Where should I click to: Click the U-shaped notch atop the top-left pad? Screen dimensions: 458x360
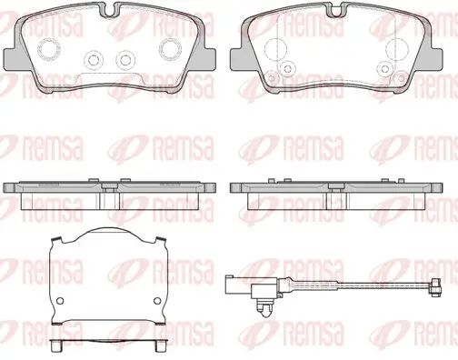109,9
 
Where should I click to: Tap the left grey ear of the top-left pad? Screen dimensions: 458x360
12,59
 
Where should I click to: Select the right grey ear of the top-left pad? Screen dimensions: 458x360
207,59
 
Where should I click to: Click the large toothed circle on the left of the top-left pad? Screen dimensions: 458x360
49,49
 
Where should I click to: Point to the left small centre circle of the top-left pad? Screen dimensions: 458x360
94,60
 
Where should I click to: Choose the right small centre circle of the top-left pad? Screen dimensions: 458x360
125,60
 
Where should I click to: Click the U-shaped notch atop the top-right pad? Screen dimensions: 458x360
336,9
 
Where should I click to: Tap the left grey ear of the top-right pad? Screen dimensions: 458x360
239,59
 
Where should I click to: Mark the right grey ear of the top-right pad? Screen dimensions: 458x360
434,59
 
